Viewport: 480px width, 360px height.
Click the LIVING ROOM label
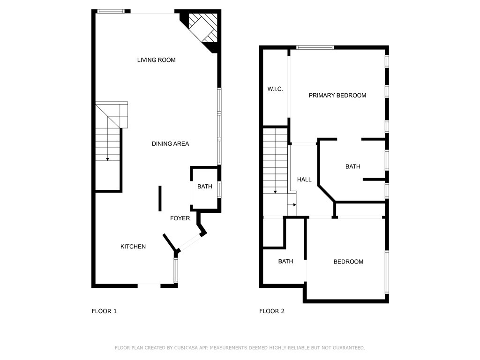click(156, 60)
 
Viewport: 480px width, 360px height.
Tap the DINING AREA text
click(170, 143)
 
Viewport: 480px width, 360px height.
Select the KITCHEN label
click(133, 247)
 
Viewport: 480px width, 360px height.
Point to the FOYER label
click(180, 218)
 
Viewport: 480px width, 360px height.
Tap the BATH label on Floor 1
click(204, 187)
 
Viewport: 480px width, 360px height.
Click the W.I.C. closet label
click(275, 89)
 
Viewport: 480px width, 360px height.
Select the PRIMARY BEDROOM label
click(337, 95)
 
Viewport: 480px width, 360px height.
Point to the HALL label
click(304, 180)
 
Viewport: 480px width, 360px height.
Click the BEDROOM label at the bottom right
click(348, 262)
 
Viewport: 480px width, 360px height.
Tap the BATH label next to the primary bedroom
click(352, 166)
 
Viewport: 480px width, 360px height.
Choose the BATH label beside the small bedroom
click(285, 261)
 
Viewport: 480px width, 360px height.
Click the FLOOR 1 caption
click(104, 311)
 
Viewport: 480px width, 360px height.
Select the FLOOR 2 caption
click(272, 311)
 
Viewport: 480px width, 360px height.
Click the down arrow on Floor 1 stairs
click(108, 159)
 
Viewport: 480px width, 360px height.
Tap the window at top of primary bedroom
click(315, 47)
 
